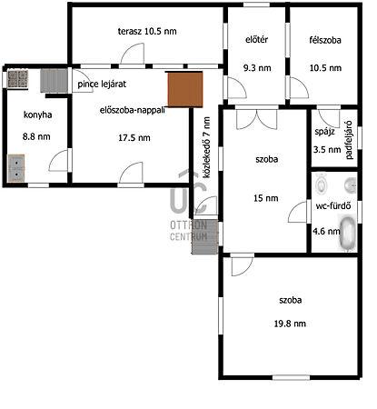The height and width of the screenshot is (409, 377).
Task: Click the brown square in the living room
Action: point(185,89)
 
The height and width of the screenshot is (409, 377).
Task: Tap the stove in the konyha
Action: point(18,79)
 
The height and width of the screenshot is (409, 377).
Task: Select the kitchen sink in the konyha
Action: point(16,168)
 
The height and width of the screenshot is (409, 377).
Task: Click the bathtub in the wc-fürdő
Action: point(348,233)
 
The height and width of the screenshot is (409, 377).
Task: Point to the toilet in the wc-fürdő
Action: point(321,184)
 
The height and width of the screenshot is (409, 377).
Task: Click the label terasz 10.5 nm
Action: point(147,31)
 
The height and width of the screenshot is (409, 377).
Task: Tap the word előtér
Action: point(257,39)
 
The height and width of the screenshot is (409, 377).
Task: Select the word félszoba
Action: point(325,40)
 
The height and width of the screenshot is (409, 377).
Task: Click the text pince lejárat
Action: point(102,84)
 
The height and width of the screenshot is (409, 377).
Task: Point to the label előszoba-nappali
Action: point(133,110)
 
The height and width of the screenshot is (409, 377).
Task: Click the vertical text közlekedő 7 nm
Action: point(207,147)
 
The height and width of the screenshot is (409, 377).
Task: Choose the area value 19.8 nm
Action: point(290,324)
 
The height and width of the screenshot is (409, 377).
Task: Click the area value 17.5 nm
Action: point(134,138)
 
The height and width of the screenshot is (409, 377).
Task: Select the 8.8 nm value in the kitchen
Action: point(36,136)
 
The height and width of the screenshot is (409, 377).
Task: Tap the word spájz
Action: point(324,132)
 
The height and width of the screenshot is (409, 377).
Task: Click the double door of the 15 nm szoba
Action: point(256,119)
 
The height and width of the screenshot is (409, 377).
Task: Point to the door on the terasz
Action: point(133,54)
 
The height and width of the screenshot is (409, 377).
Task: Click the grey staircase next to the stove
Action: point(54,81)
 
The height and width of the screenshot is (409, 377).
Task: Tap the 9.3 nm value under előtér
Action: point(257,68)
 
